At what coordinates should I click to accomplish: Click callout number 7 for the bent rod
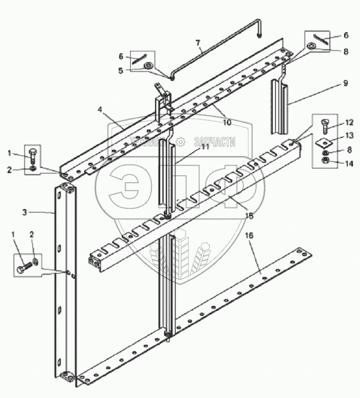198,42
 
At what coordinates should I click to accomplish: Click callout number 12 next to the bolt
349,123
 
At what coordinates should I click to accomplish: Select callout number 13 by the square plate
349,136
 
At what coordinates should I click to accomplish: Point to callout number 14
349,163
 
